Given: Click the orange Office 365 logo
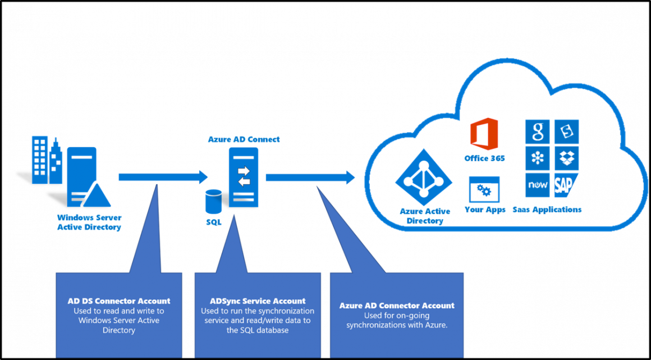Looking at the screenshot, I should (484, 134).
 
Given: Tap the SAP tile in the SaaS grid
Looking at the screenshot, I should (566, 185).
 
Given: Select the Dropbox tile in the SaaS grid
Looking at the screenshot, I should (566, 158).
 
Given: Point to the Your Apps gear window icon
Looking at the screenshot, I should (484, 190).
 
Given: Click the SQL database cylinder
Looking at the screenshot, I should (214, 202).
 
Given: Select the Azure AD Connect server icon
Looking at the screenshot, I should (244, 177).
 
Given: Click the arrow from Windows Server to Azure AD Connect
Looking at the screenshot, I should (163, 177).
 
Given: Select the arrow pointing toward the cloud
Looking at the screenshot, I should (310, 177).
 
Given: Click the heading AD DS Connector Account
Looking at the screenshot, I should (119, 301).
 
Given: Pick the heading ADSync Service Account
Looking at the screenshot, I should (258, 301).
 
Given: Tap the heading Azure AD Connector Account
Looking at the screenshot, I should (397, 306).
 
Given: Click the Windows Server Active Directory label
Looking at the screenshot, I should (89, 222).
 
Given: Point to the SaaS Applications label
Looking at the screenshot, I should (547, 209).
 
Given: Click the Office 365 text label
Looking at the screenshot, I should (484, 158).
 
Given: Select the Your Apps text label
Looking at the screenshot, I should (485, 209).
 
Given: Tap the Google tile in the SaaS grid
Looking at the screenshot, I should (537, 131).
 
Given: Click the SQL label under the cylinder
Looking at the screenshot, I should (214, 222).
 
